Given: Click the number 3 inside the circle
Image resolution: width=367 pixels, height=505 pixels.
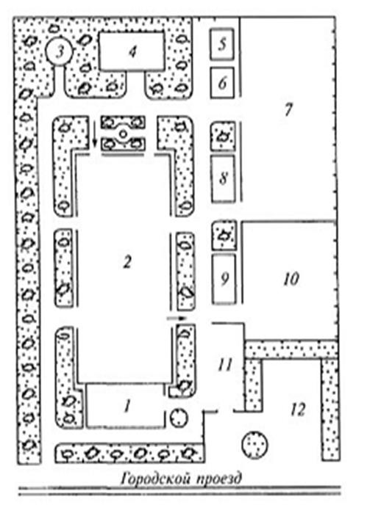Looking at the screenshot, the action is [60, 52].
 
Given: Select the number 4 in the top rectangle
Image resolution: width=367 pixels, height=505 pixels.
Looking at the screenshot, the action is [132, 51].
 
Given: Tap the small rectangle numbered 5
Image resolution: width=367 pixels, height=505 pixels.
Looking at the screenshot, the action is [222, 44].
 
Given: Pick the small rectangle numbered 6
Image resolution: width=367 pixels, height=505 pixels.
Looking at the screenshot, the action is [222, 82].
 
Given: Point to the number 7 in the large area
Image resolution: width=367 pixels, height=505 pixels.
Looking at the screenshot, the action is [288, 109].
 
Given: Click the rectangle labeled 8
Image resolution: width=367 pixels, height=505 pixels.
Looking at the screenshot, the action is [223, 179].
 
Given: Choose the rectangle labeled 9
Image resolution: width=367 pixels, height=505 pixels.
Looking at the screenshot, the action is [224, 279].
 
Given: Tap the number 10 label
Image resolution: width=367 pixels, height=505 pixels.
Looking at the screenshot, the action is [291, 279].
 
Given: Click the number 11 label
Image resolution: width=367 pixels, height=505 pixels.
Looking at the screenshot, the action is [225, 365].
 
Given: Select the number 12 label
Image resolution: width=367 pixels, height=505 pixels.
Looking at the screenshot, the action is [297, 410].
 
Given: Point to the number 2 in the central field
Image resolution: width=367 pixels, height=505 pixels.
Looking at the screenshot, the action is [127, 262].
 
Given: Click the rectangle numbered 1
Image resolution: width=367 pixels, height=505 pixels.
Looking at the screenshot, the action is [125, 406].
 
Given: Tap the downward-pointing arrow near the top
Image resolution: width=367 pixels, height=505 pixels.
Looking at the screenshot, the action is [95, 134].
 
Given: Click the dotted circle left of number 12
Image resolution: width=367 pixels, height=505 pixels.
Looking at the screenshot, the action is [254, 445].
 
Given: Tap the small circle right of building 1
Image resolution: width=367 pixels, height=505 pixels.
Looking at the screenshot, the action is [179, 418].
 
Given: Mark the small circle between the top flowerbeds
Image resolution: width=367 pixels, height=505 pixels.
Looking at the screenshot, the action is [123, 134].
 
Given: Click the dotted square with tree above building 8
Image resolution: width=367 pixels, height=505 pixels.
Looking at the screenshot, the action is [223, 137].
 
